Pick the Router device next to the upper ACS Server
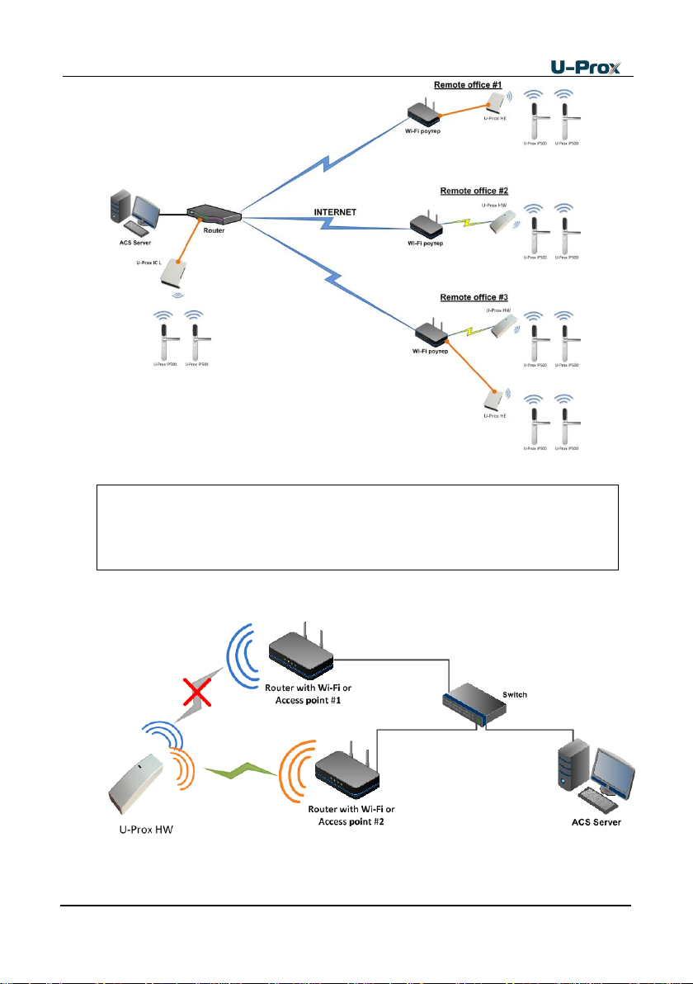[212, 215]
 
